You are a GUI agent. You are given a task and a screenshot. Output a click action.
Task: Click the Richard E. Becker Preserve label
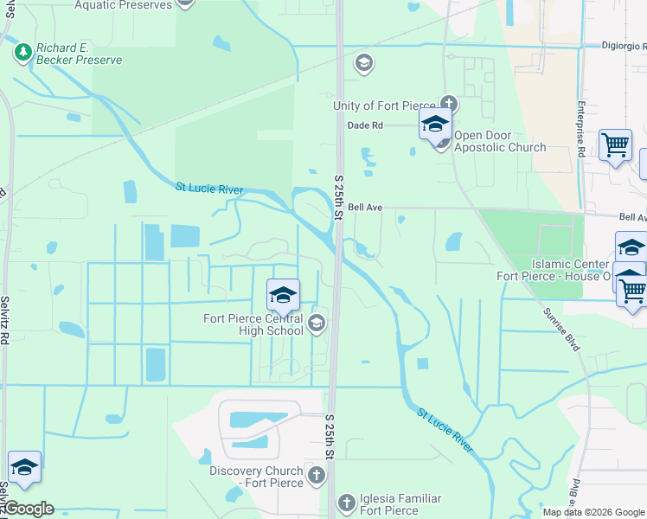point(80,54)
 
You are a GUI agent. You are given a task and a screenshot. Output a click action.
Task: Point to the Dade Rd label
point(365,125)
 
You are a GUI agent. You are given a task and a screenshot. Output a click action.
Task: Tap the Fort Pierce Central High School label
point(253,324)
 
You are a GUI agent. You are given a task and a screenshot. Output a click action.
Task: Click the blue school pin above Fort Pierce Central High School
point(283,296)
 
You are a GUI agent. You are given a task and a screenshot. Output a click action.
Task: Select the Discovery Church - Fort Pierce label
point(257,477)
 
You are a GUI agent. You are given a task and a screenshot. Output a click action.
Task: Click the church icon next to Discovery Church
point(317,474)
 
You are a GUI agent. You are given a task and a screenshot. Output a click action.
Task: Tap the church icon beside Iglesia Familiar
point(346,502)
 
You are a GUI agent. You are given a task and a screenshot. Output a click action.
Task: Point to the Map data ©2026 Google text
point(593,511)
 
